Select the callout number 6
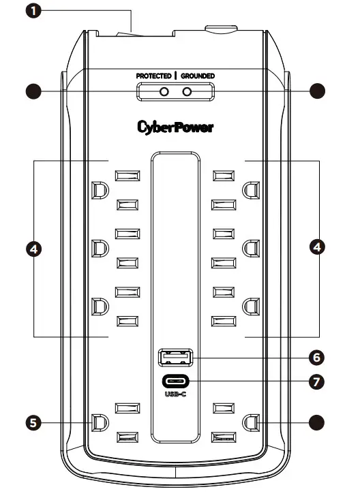click(x=316, y=356)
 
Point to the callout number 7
click(x=316, y=381)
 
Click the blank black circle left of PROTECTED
click(x=30, y=91)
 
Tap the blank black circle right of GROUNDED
click(x=316, y=91)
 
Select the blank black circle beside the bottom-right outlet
click(x=316, y=422)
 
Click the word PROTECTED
click(x=153, y=76)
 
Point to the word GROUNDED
click(x=198, y=76)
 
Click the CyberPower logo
click(x=175, y=127)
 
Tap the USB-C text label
click(x=176, y=394)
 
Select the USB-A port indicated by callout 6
click(x=176, y=356)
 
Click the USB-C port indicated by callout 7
click(x=176, y=381)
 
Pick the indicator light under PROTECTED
click(x=164, y=91)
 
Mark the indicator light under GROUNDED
click(x=186, y=91)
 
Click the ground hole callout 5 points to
click(x=99, y=422)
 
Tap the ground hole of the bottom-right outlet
click(x=252, y=422)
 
